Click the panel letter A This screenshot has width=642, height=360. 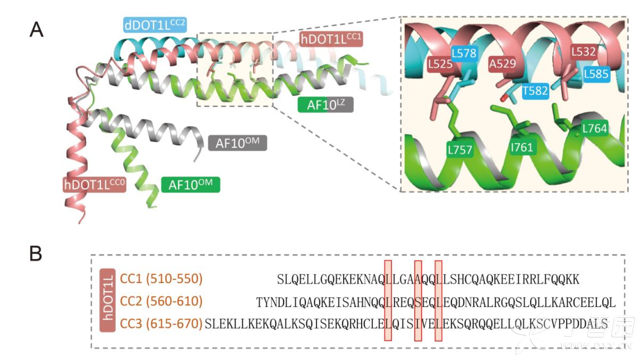[37, 30]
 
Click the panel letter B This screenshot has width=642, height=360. [36, 253]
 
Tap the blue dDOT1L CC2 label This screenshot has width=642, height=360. [155, 25]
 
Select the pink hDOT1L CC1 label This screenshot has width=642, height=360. [331, 39]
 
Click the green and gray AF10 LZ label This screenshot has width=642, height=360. [325, 105]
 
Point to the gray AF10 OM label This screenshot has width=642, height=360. [238, 143]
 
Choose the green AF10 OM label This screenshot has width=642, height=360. [191, 185]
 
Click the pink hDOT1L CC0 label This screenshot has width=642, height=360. [94, 185]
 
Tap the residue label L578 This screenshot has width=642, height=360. [464, 53]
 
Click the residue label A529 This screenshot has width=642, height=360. [502, 64]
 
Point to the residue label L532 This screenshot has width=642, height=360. [583, 52]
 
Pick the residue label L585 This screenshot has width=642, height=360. [596, 74]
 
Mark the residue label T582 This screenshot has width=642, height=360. [535, 91]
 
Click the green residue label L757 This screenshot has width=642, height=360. [460, 150]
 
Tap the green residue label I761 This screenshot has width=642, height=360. [522, 147]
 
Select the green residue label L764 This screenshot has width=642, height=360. [595, 128]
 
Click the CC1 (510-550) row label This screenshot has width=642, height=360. [161, 279]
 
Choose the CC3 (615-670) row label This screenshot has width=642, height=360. [161, 324]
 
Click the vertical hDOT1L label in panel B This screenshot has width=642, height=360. [107, 300]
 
